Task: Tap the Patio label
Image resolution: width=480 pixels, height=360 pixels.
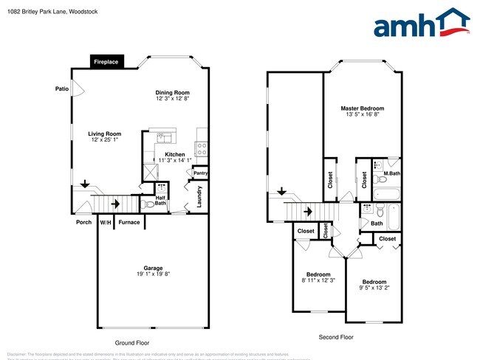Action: (62, 89)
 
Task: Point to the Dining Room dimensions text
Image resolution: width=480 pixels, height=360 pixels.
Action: (173, 98)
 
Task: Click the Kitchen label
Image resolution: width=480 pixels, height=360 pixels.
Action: (174, 154)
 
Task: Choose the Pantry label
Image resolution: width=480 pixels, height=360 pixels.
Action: (199, 173)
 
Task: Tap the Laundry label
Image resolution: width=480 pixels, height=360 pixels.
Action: (200, 197)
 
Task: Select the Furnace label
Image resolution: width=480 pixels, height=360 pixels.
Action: (129, 222)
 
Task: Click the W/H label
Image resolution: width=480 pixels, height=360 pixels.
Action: (106, 222)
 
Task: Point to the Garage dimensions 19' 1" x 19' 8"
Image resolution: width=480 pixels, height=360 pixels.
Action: (153, 274)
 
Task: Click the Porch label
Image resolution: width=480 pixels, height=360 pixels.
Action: (83, 222)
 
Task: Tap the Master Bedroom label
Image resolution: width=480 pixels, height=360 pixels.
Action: (362, 108)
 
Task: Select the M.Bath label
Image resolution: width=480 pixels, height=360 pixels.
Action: (391, 174)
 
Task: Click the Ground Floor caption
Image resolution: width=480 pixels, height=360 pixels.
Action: (133, 343)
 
